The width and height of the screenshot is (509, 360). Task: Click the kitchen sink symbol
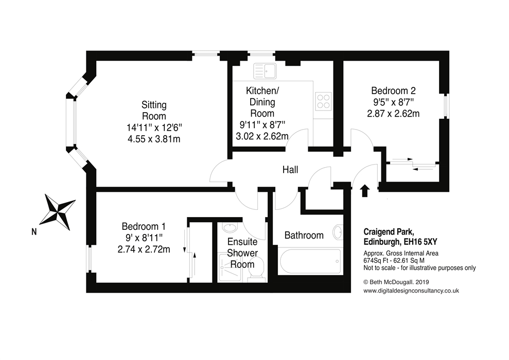(x=265, y=70)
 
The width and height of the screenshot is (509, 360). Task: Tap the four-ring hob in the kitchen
(x=324, y=101)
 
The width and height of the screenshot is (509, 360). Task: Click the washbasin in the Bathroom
(x=338, y=232)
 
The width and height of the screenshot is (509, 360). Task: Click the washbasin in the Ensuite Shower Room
(x=231, y=227)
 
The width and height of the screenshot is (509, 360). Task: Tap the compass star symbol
(x=58, y=212)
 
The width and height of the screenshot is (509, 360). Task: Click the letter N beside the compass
(x=34, y=232)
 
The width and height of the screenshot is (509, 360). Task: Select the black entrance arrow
(x=365, y=191)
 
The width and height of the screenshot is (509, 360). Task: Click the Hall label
(x=290, y=170)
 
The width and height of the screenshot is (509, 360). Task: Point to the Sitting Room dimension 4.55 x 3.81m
(x=154, y=139)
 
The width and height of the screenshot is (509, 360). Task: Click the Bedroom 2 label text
(x=393, y=91)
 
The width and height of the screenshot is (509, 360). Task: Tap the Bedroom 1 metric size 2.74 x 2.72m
(x=144, y=249)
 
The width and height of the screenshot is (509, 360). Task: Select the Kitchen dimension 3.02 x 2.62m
(x=262, y=136)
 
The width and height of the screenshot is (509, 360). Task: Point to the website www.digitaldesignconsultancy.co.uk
(x=411, y=291)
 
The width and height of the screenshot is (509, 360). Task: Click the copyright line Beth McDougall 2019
(x=396, y=282)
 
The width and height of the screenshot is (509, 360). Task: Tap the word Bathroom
(x=304, y=235)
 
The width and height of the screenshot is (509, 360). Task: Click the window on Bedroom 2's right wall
(x=447, y=106)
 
